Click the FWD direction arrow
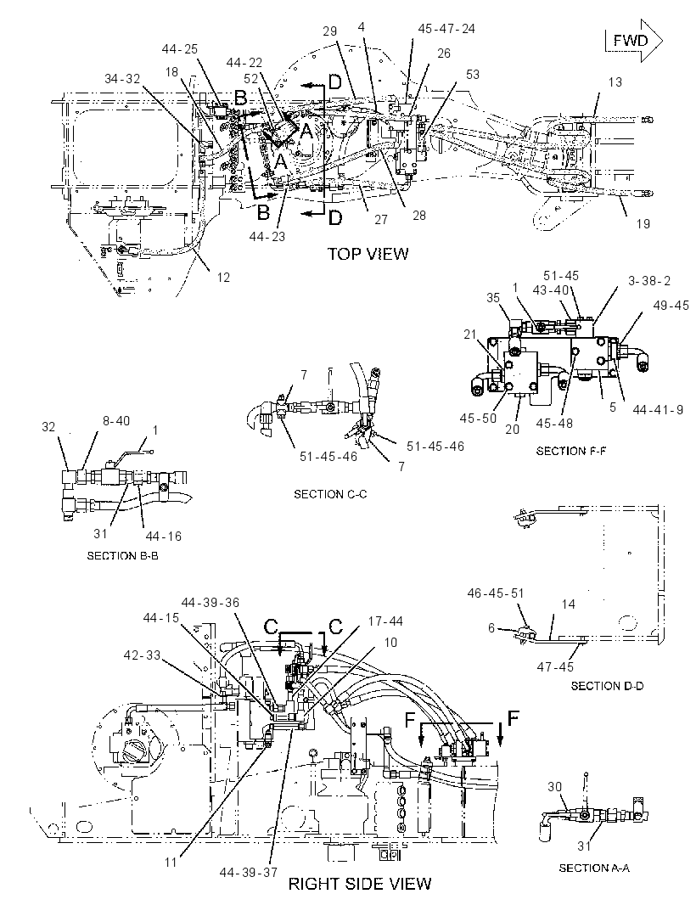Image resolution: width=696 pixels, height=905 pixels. coord(634,41)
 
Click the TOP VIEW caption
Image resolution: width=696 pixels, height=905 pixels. coord(368,254)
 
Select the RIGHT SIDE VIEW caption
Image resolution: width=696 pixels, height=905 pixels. coord(360,884)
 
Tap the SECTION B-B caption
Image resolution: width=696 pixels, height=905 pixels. coord(122,556)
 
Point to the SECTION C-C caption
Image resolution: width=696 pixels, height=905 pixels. coord(330,494)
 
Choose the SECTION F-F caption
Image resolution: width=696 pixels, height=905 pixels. coord(571,451)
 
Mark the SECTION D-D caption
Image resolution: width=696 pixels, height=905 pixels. coord(607,686)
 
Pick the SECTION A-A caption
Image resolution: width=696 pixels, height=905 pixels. coord(594,868)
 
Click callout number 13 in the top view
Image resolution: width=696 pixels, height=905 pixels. coord(615,82)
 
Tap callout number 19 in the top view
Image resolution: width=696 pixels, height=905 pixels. coord(643,223)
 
